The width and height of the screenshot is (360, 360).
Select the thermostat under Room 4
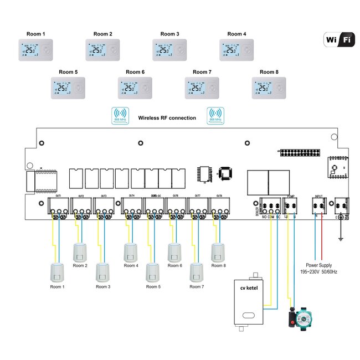(236, 50)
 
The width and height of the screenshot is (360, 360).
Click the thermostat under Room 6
(135, 88)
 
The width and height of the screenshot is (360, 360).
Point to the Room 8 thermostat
(269, 88)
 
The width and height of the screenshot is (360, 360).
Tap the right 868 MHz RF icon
(215, 115)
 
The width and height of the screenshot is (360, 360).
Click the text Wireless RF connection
(167, 118)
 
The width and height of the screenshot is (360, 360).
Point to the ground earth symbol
(339, 239)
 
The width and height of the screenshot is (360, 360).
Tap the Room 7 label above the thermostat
(202, 72)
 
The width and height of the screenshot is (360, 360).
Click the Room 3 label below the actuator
(103, 287)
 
